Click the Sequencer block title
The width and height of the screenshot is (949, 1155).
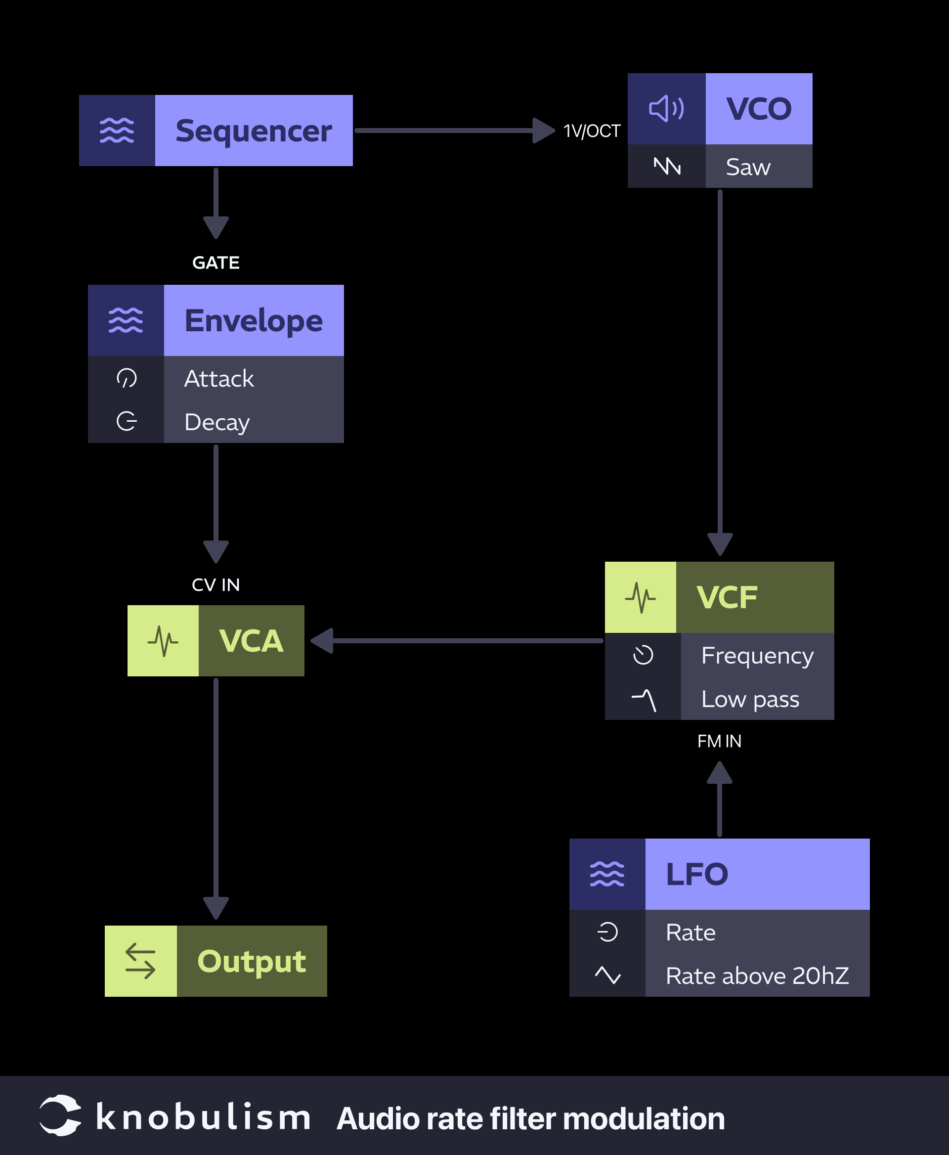pos(254,131)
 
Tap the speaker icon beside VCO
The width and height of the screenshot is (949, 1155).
pos(666,109)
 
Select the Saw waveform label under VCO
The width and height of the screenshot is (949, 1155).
pos(748,167)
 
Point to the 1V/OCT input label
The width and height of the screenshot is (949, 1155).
pos(592,131)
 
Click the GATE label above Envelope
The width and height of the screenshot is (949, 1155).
pos(216,263)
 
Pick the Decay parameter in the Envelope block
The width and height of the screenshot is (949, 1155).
pos(217,422)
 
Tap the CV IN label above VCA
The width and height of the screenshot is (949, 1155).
pos(216,585)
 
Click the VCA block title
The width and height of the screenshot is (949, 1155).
pos(251,641)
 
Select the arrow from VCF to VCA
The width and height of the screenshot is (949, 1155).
pos(459,641)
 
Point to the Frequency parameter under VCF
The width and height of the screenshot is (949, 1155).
pos(757,655)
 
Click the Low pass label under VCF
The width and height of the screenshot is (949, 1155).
pos(750,699)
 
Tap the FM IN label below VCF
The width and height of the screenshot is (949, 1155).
pos(719,742)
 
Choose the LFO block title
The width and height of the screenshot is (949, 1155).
pos(697,874)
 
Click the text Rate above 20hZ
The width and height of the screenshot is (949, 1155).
pos(757,976)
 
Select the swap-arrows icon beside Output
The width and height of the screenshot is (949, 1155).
pos(140,961)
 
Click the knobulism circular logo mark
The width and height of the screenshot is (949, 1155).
pos(60,1115)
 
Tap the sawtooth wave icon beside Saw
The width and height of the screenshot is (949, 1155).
pos(667,166)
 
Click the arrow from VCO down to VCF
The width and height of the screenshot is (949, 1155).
pos(720,372)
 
